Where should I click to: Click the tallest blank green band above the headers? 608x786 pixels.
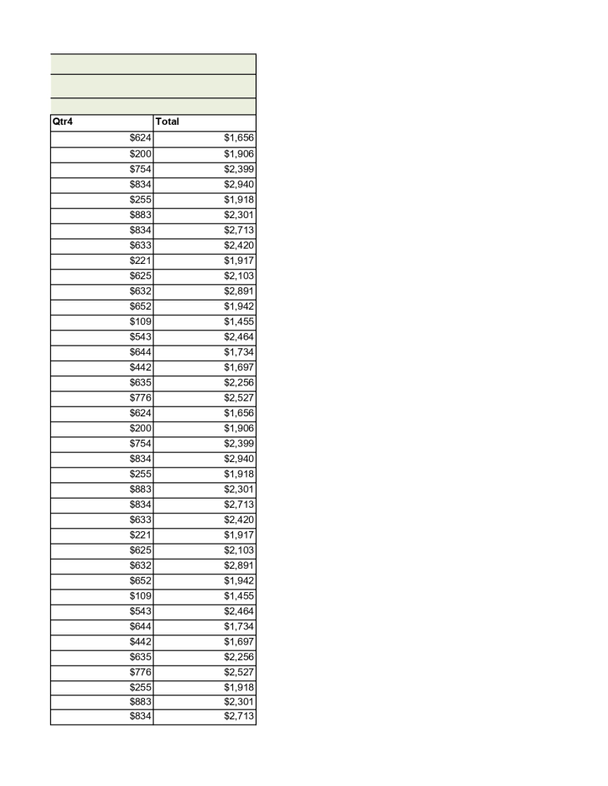pyautogui.click(x=152, y=86)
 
